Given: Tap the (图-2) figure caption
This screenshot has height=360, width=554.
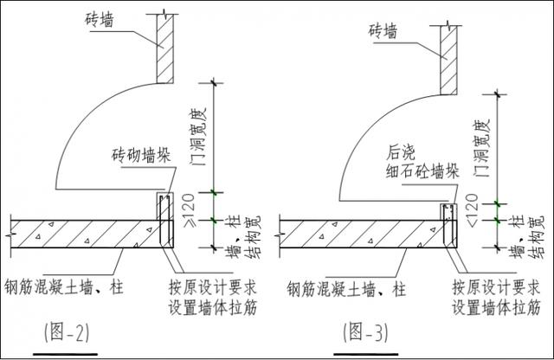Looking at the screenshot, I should click(62, 330).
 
